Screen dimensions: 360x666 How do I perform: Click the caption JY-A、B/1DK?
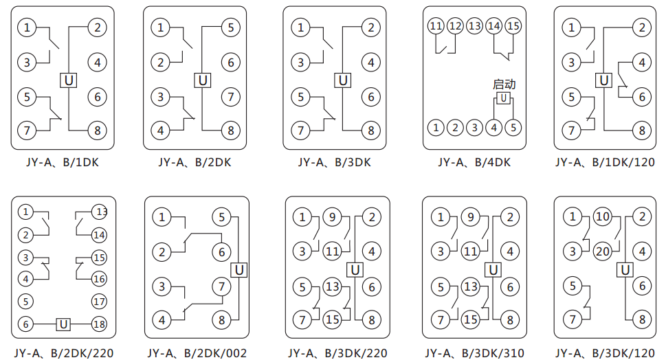coord(62,163)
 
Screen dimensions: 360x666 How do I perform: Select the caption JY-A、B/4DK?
coord(474,163)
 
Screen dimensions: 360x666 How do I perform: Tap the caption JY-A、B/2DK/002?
coord(197,354)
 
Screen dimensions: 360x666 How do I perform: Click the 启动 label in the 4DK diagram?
coord(504,85)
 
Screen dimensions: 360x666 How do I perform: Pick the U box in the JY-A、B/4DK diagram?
coord(504,99)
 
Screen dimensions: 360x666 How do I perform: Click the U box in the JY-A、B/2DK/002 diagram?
coord(239,270)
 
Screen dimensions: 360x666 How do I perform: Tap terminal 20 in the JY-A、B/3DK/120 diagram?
coord(603,251)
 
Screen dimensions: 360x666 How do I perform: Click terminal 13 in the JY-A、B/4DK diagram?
coord(474,26)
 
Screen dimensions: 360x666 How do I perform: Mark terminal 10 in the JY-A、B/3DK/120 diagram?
coord(603,218)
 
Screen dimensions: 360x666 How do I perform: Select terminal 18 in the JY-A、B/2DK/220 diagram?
coord(100,324)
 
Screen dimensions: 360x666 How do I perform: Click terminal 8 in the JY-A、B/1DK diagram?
coord(97,130)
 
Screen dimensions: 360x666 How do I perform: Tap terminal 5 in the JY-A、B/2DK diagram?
coord(230,28)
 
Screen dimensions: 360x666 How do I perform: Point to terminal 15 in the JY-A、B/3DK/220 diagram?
coord(333,319)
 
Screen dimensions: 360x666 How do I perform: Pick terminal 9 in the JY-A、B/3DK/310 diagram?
coord(470,218)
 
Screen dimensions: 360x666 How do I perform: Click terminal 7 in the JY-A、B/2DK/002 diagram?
coord(221,286)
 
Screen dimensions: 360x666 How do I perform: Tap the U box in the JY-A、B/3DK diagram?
coord(342,80)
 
